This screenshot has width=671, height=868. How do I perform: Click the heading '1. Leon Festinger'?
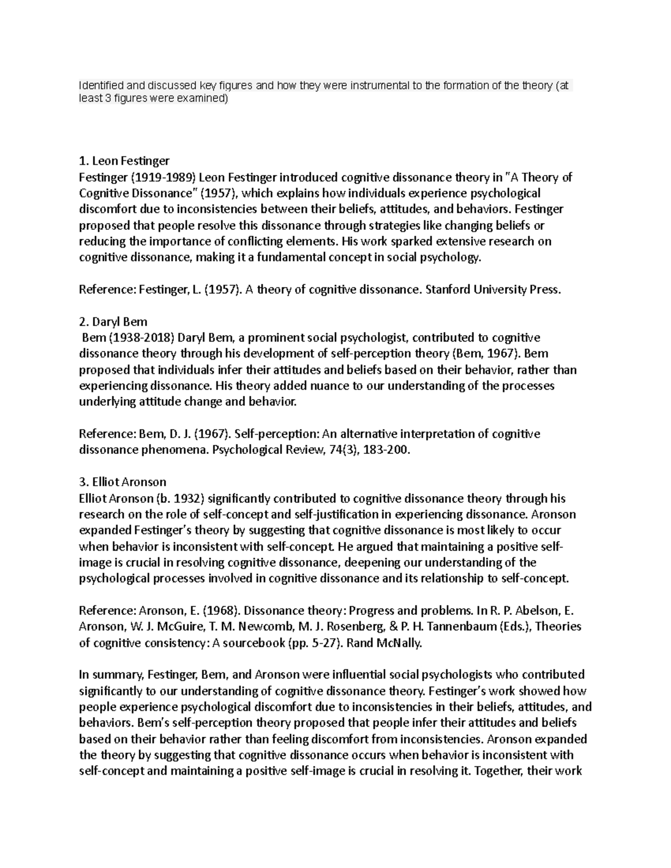(124, 162)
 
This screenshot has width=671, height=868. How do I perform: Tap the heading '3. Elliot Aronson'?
(122, 482)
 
